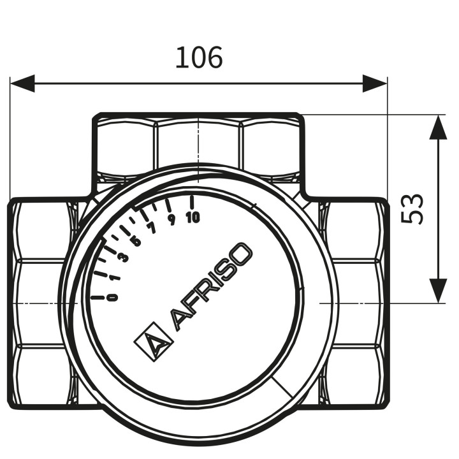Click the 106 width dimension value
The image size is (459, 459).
point(199,57)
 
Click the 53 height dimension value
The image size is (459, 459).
point(412,208)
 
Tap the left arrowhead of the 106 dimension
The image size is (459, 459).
point(22,84)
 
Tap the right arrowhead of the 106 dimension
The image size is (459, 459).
point(375,84)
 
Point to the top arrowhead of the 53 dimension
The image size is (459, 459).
point(438,127)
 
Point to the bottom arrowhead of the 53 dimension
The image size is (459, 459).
point(438,291)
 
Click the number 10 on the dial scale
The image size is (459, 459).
point(193,217)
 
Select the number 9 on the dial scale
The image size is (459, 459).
point(172,220)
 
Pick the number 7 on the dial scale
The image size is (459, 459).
point(152,228)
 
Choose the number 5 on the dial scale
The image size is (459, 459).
point(136,241)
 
